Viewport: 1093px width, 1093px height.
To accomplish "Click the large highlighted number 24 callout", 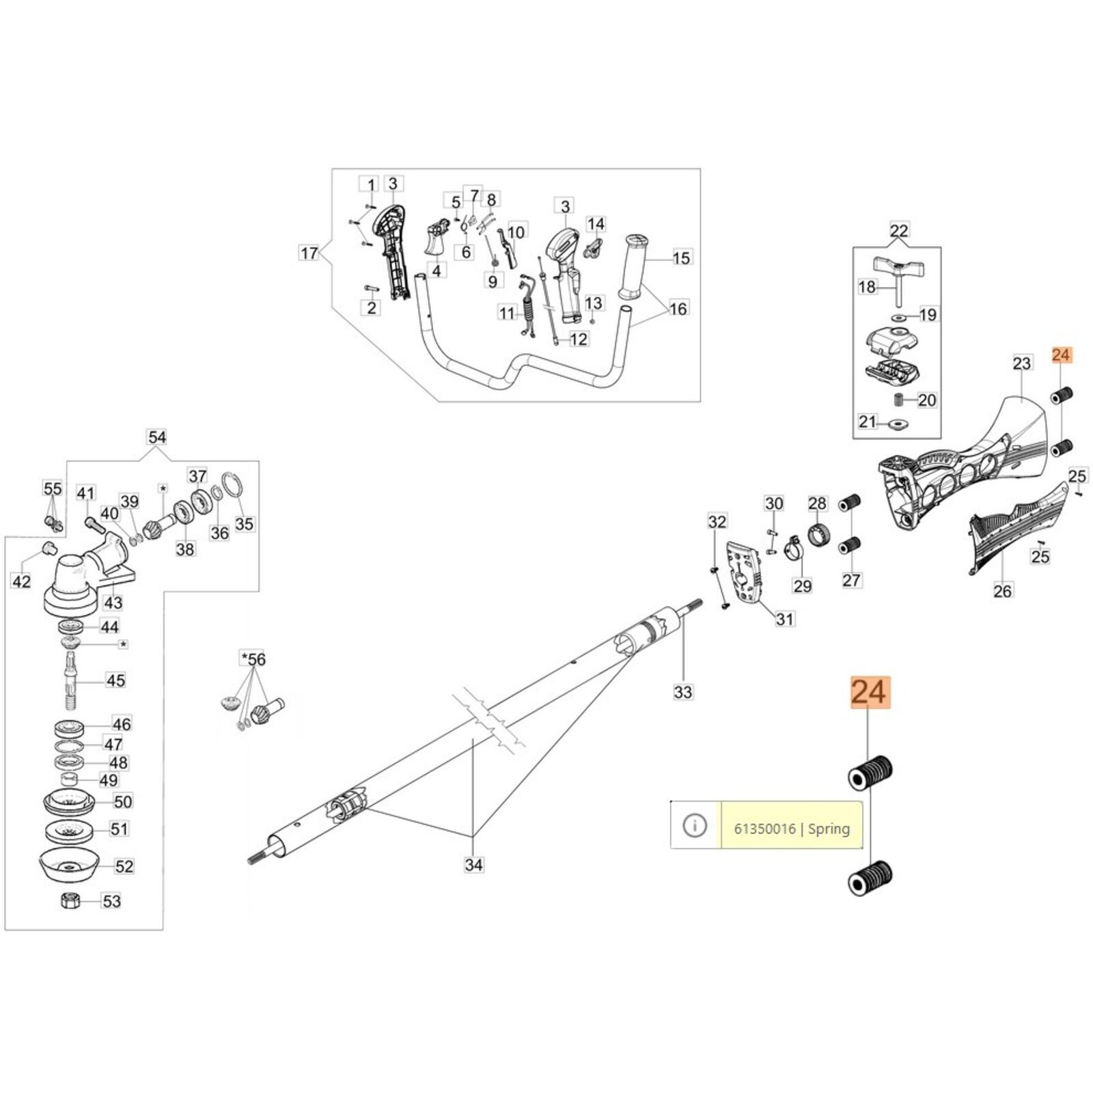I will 870,693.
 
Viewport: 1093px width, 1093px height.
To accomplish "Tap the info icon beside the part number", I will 695,826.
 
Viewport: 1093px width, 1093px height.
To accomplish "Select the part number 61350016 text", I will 764,829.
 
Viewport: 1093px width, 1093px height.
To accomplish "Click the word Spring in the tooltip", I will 829,829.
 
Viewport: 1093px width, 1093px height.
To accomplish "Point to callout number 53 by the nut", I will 111,901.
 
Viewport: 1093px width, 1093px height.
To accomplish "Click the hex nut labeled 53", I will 70,900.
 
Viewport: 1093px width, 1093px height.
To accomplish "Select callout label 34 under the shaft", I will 473,865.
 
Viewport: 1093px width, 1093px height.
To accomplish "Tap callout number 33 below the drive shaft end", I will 683,692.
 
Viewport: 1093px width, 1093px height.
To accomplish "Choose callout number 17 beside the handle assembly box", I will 309,253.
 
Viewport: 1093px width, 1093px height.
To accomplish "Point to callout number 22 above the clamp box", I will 899,231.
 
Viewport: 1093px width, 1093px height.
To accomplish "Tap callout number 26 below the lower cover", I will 1003,590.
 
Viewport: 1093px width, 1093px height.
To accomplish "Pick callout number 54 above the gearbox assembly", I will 157,437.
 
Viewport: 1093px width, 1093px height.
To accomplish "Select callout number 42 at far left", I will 22,582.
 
